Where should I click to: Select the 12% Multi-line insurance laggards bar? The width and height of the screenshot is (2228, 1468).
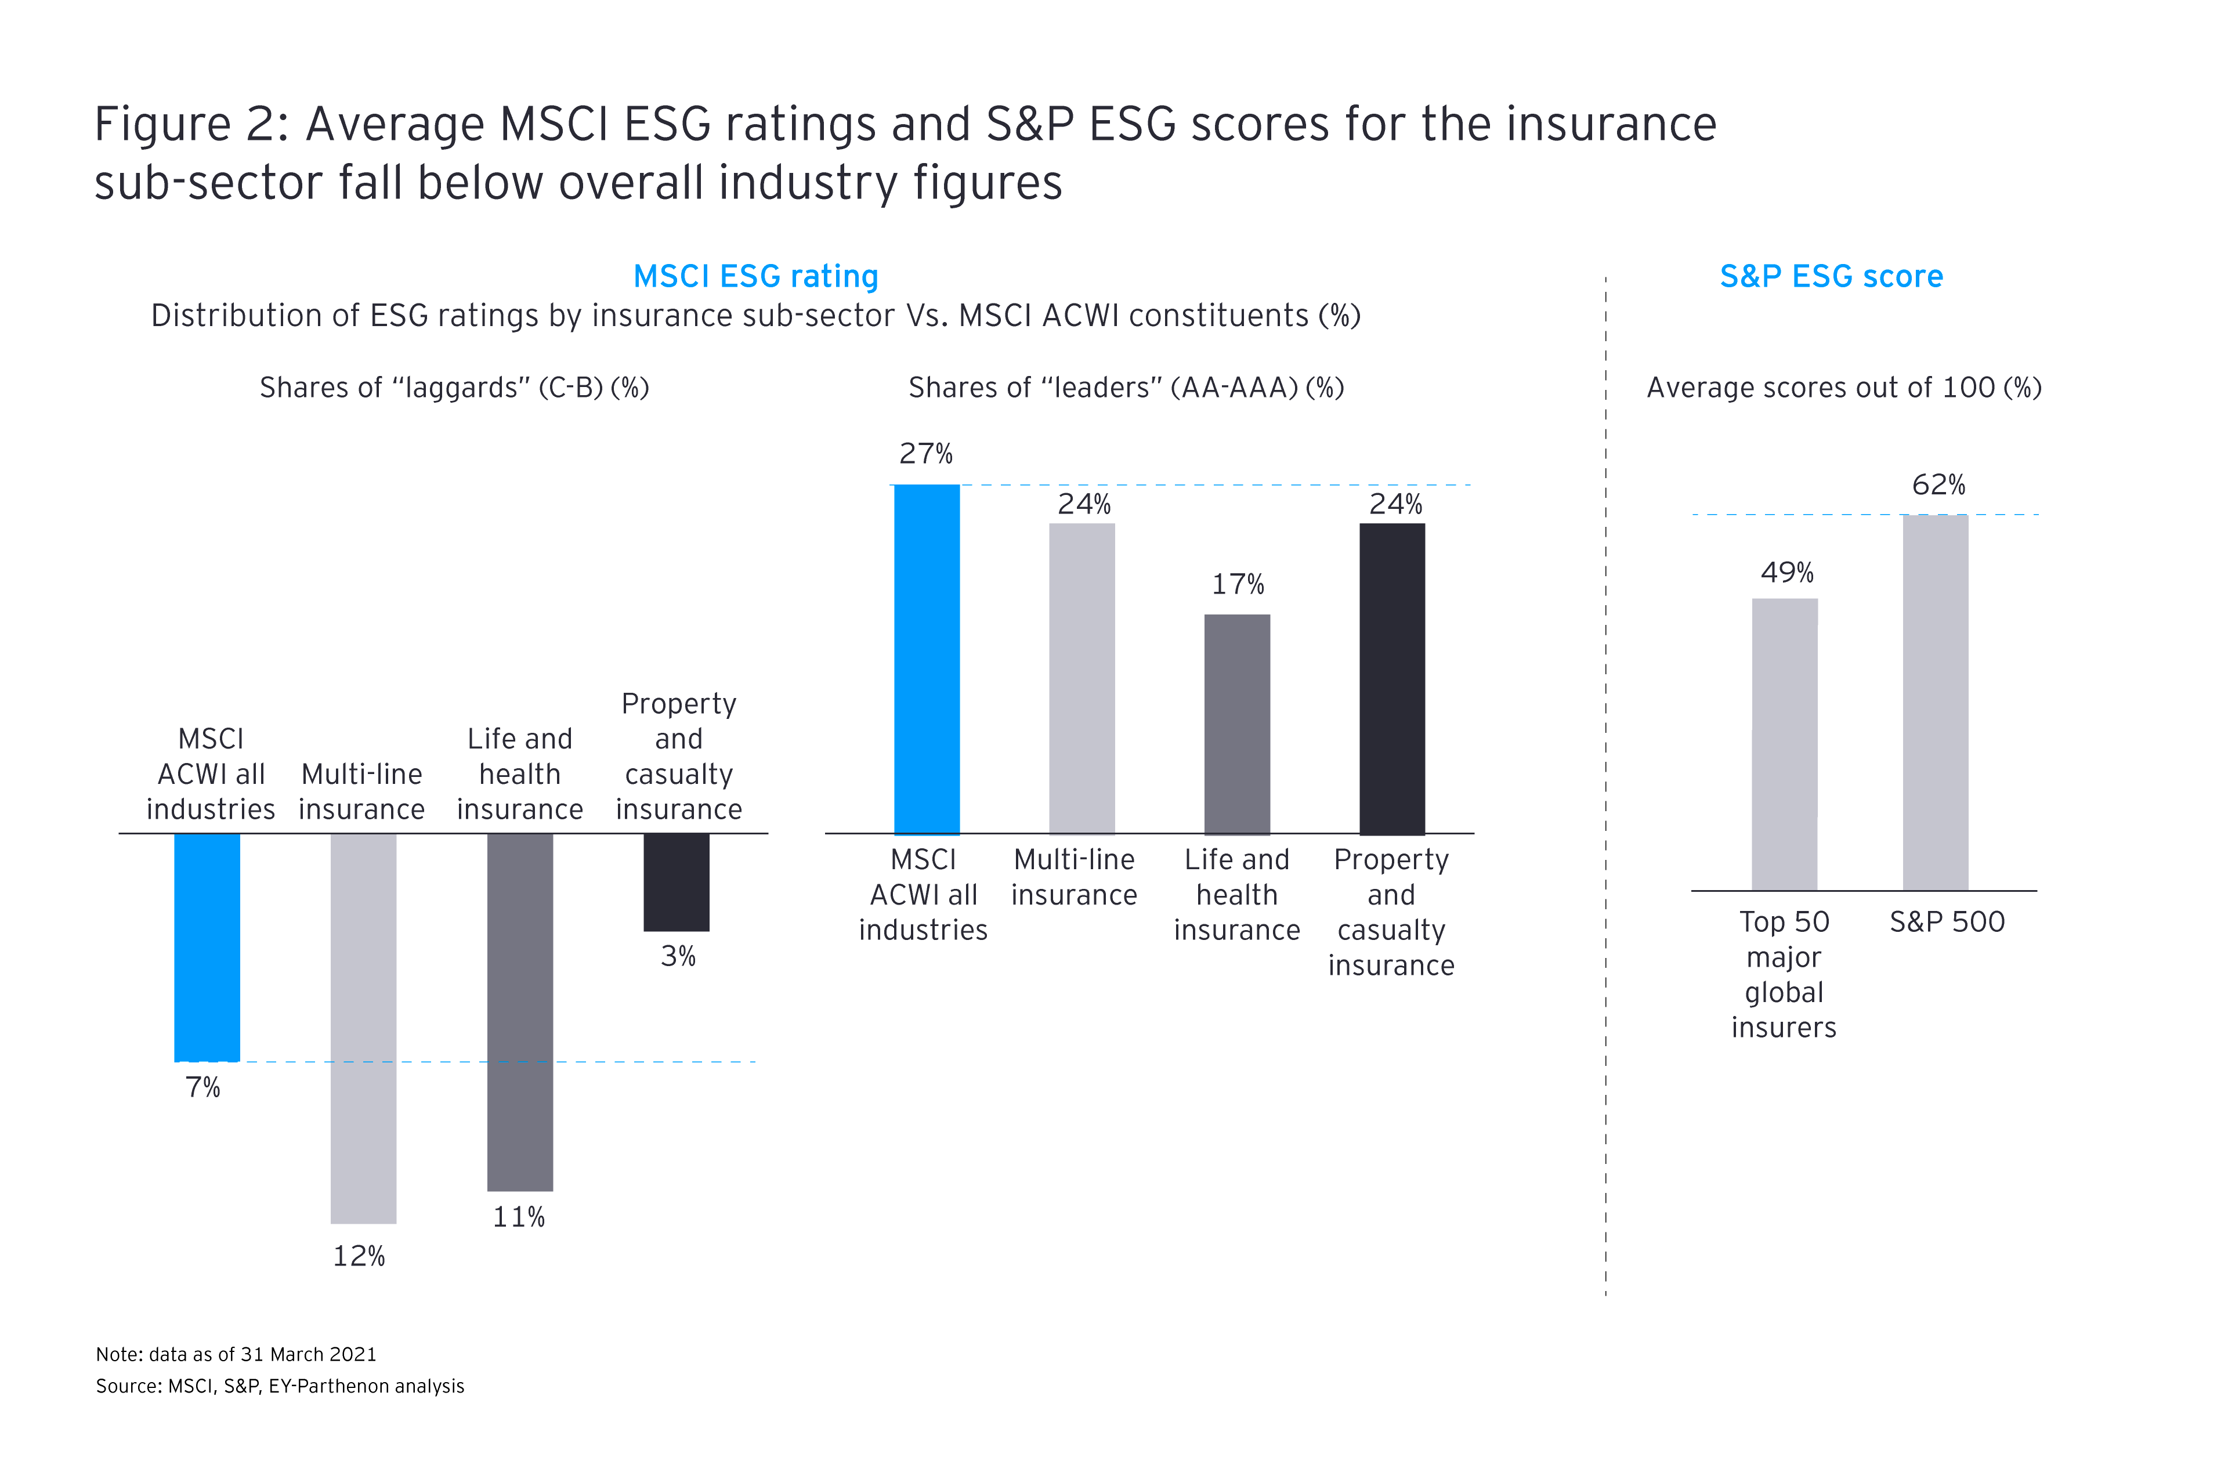363,1028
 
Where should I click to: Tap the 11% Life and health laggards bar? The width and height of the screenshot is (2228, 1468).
519,1011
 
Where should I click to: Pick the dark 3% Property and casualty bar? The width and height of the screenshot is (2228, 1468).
676,882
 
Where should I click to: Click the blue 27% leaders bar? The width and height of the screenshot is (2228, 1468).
927,659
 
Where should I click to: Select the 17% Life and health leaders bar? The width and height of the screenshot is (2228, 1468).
1236,724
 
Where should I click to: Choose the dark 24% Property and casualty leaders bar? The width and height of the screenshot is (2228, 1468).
1392,679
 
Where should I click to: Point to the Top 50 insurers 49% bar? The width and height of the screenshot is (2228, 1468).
1784,744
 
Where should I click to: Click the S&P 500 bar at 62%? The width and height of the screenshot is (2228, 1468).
1935,702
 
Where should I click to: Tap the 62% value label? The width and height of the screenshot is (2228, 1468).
1938,485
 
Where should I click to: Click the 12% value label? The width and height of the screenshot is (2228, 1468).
360,1256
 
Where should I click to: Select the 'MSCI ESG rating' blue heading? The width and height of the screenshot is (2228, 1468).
755,276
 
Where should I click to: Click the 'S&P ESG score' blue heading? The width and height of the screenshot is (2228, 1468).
1831,276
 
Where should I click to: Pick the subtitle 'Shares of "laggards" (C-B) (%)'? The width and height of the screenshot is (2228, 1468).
454,388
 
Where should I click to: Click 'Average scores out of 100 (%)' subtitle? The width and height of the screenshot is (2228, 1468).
1843,388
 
